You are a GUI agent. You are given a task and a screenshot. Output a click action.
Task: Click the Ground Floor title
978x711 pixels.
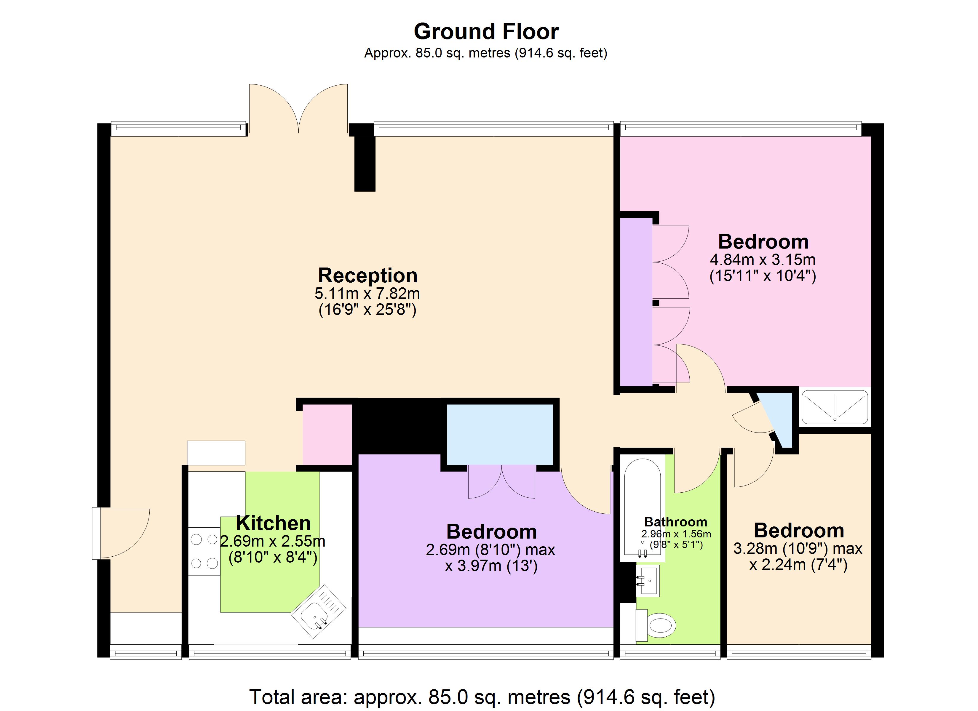click(486, 31)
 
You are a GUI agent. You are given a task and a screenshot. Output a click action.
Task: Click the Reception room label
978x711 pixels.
click(367, 275)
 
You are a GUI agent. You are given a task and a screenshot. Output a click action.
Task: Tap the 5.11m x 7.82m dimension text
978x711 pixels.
click(367, 294)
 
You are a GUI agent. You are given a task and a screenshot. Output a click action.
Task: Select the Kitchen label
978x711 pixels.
click(273, 523)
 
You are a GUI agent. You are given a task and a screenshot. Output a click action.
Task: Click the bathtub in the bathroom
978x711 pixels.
click(643, 509)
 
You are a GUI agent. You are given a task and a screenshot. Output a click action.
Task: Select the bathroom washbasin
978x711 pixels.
click(648, 580)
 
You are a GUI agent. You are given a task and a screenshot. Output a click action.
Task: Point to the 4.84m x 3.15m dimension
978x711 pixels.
click(762, 260)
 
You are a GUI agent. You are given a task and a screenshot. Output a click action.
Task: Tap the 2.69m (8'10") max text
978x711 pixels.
click(490, 550)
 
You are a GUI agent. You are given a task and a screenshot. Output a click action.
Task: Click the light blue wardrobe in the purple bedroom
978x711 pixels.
click(500, 434)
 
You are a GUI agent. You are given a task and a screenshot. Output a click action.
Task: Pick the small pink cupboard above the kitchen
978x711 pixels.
click(327, 434)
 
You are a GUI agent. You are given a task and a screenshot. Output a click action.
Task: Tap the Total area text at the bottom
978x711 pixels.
click(482, 697)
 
